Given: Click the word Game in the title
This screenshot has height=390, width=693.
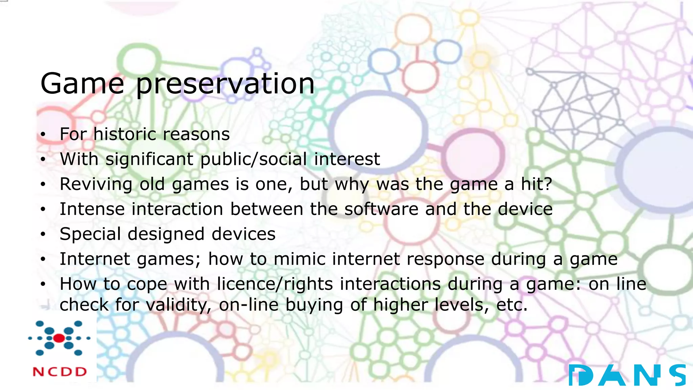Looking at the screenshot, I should [x=82, y=84].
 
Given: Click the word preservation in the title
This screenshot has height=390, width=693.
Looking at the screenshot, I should [x=225, y=85].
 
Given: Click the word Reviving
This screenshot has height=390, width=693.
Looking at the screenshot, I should [x=96, y=185].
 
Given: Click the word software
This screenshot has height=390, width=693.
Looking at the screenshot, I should [x=381, y=209].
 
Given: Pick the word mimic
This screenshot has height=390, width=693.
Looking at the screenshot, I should [x=299, y=259].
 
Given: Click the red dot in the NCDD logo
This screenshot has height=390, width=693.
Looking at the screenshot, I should [x=59, y=338].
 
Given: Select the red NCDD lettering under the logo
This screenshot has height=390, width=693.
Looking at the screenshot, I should [x=60, y=372].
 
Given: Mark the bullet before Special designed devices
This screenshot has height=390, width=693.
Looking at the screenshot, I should [x=42, y=234].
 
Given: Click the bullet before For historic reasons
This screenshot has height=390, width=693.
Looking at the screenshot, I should [x=42, y=134].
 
